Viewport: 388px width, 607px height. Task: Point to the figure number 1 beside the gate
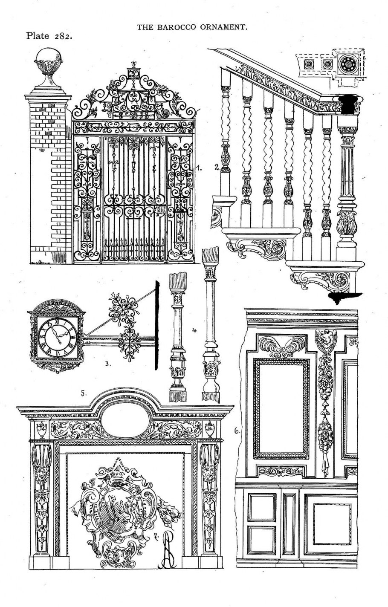coord(199,168)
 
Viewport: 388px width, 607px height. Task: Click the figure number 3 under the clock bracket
coord(108,364)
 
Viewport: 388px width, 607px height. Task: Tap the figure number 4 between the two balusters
coord(194,330)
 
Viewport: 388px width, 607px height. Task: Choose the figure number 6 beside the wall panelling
coord(237,431)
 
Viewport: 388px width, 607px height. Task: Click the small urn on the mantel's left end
coord(41,428)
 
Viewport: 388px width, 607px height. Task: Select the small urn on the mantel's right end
coord(209,428)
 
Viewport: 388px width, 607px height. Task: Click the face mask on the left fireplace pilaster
coord(41,473)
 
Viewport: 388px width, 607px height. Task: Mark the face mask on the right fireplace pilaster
coord(208,473)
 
